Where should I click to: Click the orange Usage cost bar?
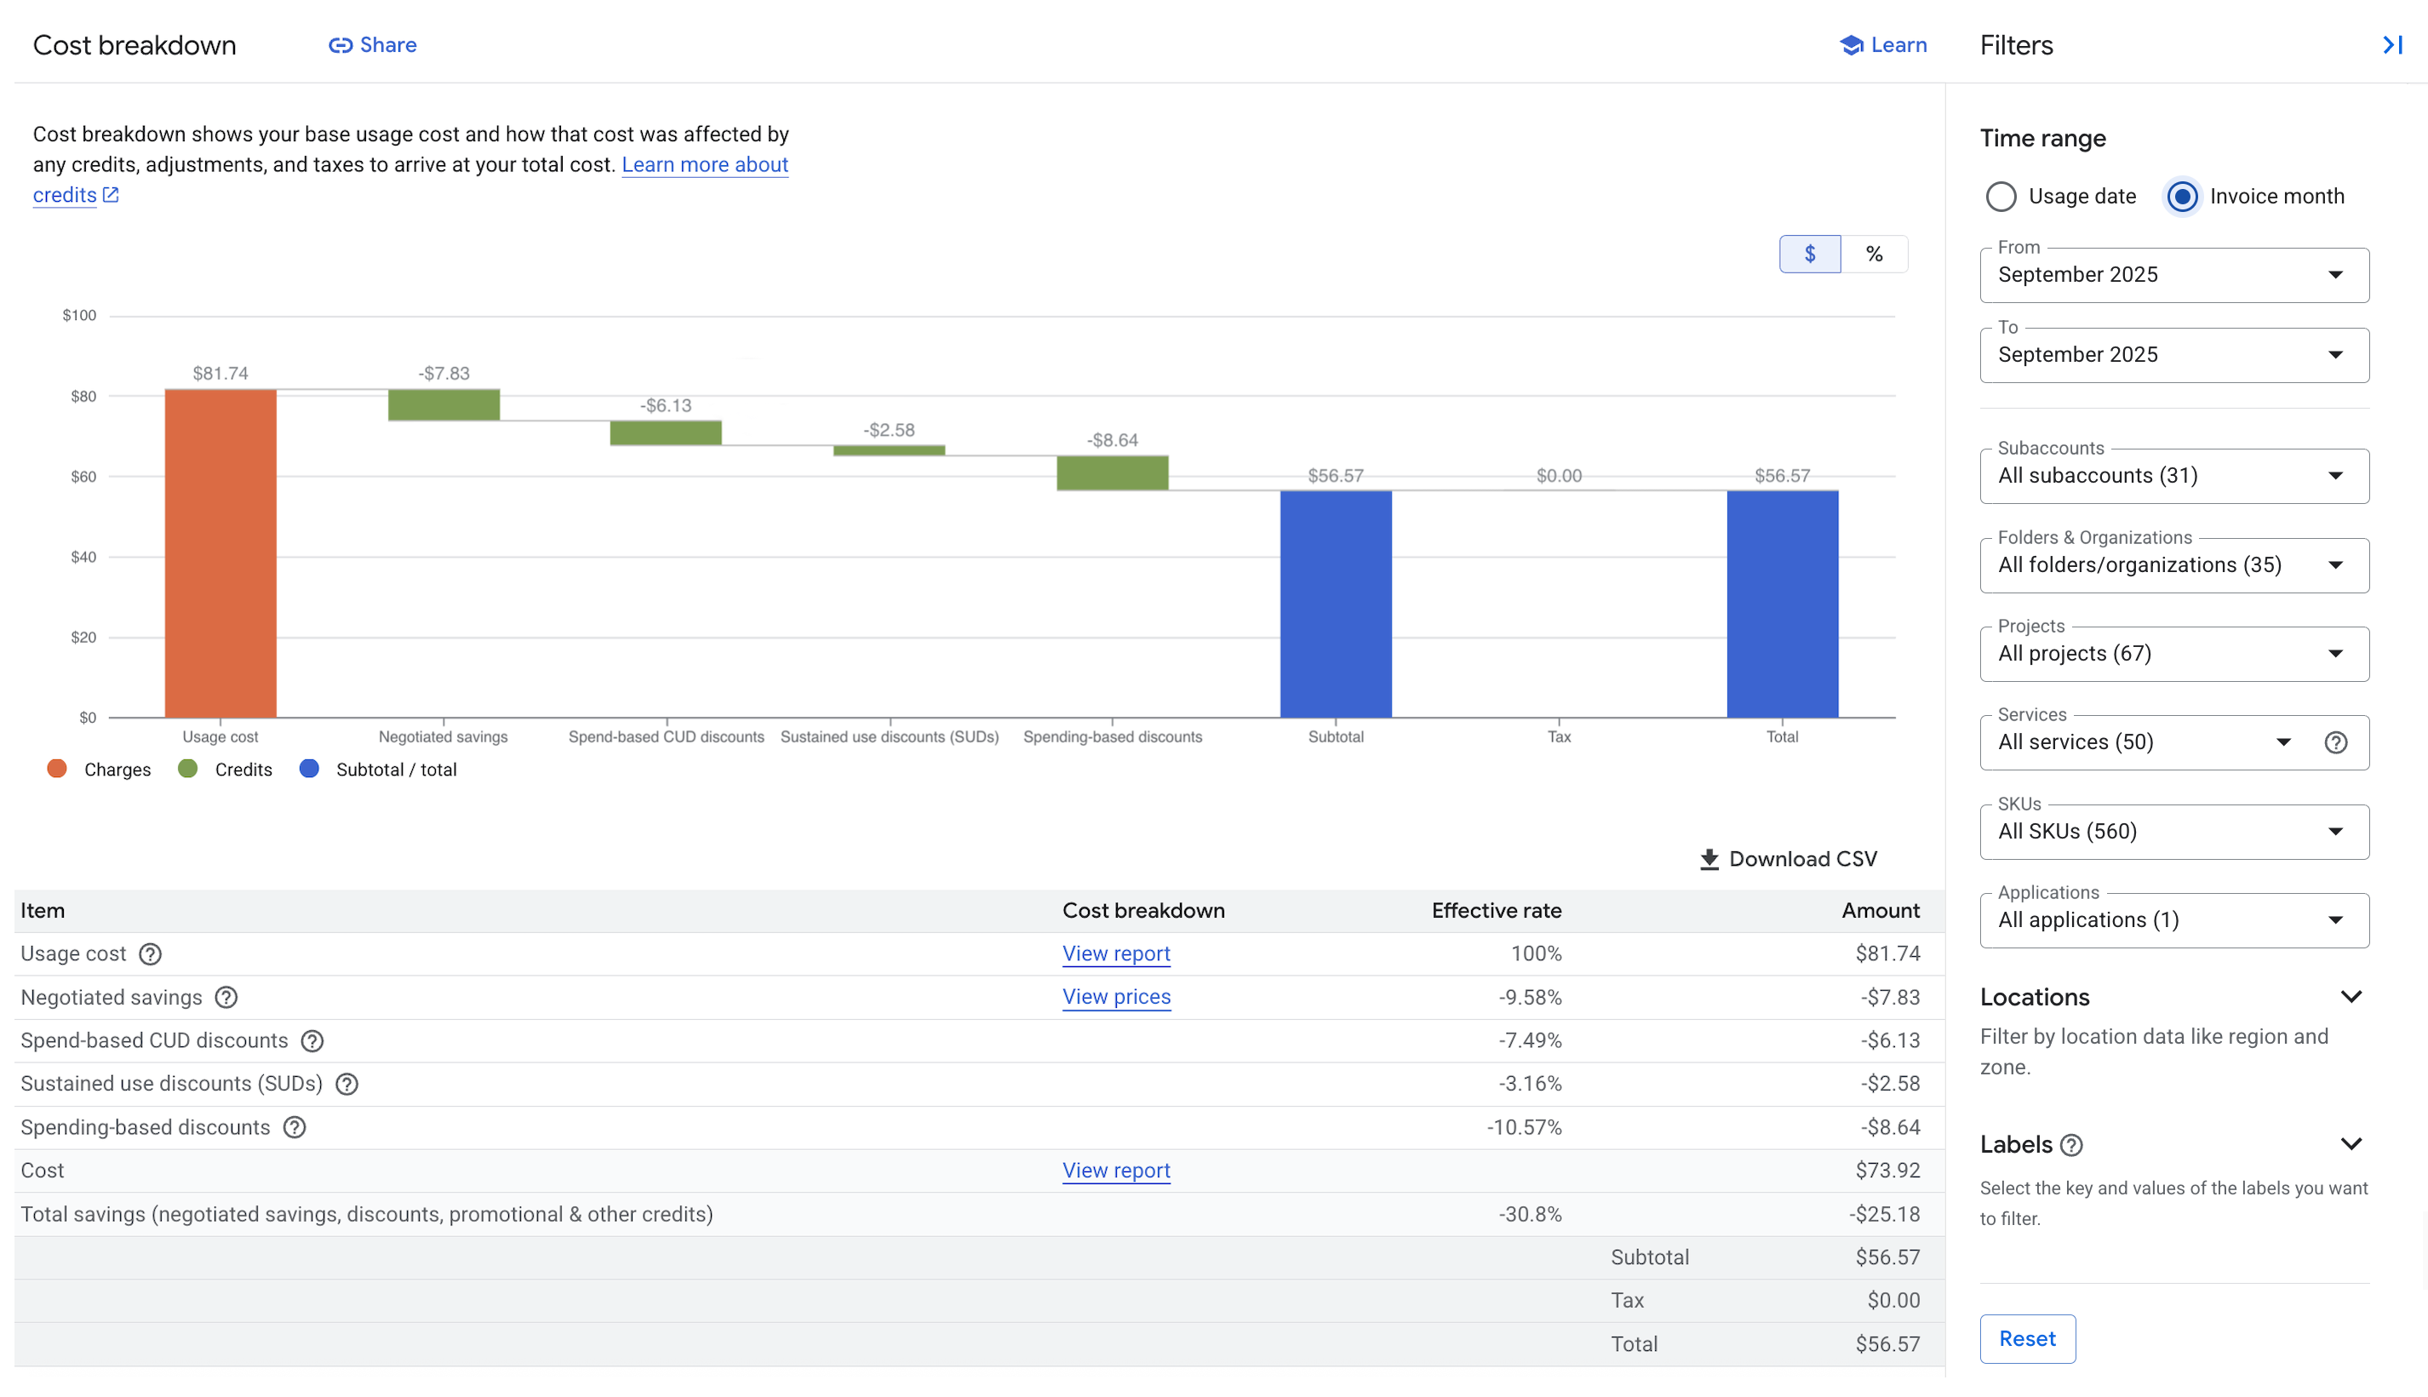(220, 553)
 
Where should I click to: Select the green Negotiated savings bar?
(444, 404)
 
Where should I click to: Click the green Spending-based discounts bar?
(1112, 473)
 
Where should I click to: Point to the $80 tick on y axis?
(83, 396)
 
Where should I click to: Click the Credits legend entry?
(226, 770)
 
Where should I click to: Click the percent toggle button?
(1873, 255)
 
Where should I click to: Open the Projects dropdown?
(2173, 655)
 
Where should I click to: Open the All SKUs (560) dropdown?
(2173, 832)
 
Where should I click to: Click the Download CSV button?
(1787, 859)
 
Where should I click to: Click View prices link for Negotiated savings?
(1116, 997)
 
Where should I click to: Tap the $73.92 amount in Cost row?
(1886, 1171)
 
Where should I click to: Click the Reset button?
(2026, 1338)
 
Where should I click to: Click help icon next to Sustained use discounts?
(346, 1085)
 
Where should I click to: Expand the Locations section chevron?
(2350, 997)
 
